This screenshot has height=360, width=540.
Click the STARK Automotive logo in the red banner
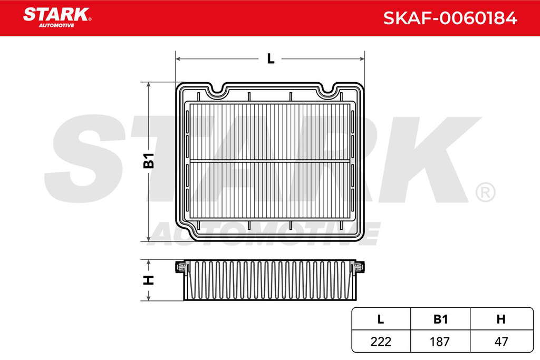coord(57,17)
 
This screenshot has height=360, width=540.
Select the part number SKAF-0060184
coord(450,18)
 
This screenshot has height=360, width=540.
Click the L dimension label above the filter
coord(271,59)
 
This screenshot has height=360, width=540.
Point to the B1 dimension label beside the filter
coord(149,160)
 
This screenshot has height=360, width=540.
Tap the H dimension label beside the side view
coord(148,280)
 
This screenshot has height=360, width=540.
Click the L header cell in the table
coord(381,319)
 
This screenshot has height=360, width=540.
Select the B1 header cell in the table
coord(440,319)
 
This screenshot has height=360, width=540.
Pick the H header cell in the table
coord(502,319)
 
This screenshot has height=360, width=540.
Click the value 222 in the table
coord(381,342)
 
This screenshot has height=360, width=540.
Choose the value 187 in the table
coord(440,342)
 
